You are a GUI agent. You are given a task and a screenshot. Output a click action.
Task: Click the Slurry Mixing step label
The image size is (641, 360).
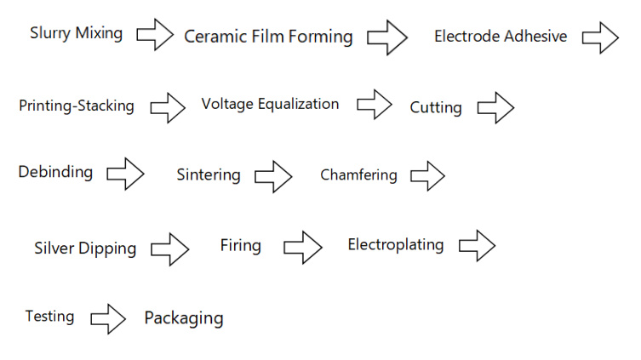(76, 33)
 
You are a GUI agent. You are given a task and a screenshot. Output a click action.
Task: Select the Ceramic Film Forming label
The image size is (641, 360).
(268, 37)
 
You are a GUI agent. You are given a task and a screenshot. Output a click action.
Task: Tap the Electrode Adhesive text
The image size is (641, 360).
(501, 36)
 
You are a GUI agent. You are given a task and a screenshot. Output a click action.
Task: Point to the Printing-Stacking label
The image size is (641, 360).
(77, 106)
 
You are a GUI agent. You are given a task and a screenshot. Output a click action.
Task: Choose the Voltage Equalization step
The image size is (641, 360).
(270, 104)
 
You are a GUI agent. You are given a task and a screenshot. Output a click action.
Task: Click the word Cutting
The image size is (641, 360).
(436, 107)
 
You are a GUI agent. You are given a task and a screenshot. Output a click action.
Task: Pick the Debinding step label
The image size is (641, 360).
(55, 172)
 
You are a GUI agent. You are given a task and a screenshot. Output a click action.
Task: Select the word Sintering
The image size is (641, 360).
(209, 174)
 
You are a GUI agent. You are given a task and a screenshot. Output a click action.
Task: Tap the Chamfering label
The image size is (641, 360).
(358, 174)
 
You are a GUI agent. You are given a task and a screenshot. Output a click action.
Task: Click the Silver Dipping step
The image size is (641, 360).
(85, 249)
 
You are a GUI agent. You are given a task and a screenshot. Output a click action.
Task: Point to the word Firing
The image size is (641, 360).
(241, 246)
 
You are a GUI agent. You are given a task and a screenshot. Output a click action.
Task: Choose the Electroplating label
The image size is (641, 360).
(396, 245)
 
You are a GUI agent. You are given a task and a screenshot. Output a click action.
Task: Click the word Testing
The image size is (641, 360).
(50, 317)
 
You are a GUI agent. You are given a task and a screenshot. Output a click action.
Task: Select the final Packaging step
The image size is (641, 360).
(184, 318)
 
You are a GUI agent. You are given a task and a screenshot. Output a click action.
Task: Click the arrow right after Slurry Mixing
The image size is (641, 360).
(155, 35)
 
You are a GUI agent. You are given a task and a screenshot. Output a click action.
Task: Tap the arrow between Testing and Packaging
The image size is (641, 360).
(108, 319)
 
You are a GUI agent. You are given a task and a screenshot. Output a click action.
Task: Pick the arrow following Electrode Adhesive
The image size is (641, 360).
(600, 38)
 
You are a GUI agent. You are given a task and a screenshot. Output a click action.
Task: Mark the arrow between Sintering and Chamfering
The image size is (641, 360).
(273, 176)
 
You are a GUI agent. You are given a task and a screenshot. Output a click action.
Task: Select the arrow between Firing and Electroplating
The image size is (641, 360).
(303, 247)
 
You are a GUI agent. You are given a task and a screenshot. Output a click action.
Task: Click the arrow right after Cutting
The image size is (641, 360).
(496, 108)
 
